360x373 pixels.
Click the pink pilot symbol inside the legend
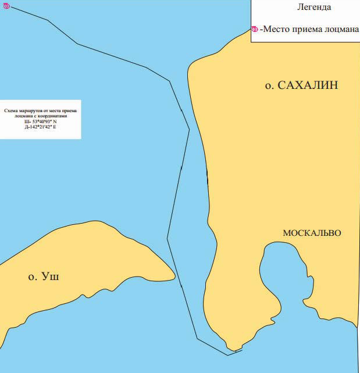point(255,30)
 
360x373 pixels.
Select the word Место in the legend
point(276,30)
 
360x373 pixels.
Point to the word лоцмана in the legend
point(340,30)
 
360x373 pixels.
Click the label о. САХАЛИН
point(301,86)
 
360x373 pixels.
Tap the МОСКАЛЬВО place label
point(312,233)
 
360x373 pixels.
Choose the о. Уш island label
point(44,277)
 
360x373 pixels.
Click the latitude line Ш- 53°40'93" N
point(40,121)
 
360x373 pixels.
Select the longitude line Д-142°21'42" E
point(40,126)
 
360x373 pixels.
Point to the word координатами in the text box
point(59,116)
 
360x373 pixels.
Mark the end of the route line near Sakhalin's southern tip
point(241,350)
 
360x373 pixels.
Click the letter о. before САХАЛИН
point(269,86)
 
